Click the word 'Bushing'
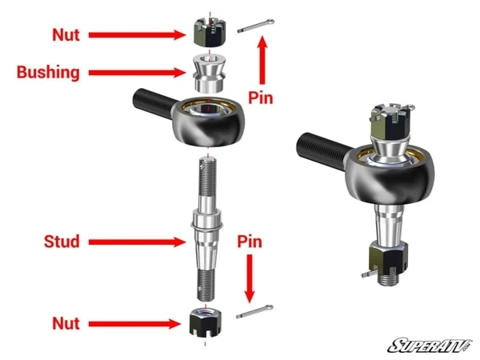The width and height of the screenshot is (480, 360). [x=49, y=73]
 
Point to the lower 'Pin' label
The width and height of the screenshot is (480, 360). [x=250, y=241]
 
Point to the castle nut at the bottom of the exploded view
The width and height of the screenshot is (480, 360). [x=206, y=322]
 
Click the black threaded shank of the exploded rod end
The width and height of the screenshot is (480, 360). [x=152, y=102]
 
